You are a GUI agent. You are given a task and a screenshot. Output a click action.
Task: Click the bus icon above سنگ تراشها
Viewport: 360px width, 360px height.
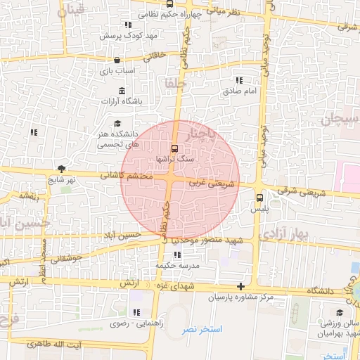click(174, 148)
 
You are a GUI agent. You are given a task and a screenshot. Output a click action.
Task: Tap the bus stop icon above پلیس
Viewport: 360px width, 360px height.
click(259, 198)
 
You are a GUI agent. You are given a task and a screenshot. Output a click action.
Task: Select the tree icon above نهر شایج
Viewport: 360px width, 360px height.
click(61, 169)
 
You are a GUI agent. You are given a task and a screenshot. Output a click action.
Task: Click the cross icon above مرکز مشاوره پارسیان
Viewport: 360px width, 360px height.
click(241, 286)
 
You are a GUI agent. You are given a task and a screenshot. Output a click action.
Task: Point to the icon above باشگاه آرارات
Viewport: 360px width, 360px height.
click(122, 91)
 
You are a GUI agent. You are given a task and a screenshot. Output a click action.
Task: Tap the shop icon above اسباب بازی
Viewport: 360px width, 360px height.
click(116, 60)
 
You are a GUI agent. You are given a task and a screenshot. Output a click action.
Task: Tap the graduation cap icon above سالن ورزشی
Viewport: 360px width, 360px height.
click(340, 313)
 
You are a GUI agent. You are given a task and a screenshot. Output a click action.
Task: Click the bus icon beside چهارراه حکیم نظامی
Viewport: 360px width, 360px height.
click(170, 4)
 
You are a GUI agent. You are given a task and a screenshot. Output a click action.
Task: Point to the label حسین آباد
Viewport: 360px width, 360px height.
click(122, 234)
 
